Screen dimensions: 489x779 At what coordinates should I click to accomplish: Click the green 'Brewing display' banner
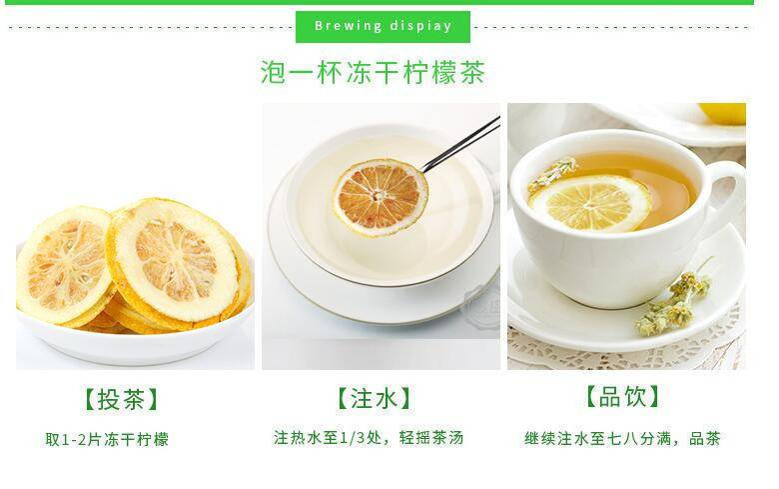[x=384, y=26]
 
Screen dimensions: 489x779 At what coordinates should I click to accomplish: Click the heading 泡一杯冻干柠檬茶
[x=373, y=73]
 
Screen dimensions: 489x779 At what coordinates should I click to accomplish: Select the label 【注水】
[x=374, y=398]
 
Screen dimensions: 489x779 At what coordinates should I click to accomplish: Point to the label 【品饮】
[x=623, y=396]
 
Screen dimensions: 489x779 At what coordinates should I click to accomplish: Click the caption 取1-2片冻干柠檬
[x=107, y=439]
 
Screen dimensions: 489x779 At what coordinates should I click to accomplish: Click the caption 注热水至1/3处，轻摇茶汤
[x=369, y=438]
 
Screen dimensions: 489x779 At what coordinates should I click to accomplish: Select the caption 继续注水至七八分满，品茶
[x=622, y=438]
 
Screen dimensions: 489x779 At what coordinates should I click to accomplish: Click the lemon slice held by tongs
[x=380, y=196]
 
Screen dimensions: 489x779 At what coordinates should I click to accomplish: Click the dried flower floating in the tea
[x=552, y=174]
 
